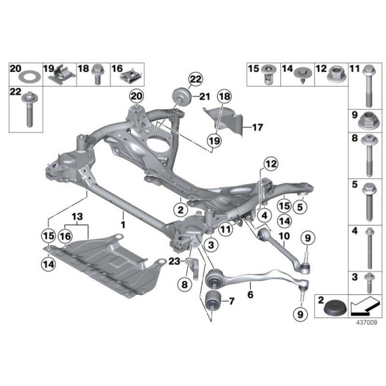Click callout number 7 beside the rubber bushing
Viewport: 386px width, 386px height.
pyautogui.click(x=232, y=301)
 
